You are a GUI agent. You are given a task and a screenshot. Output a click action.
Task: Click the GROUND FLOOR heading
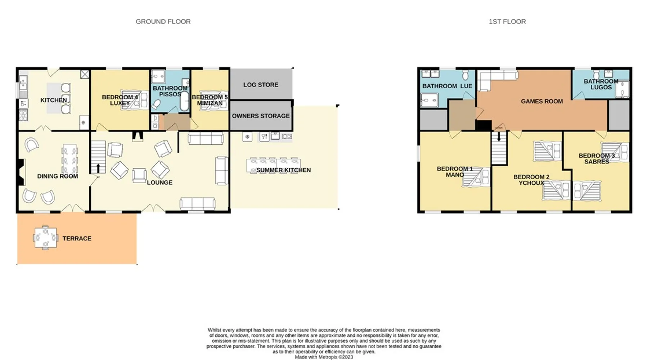tap(163, 22)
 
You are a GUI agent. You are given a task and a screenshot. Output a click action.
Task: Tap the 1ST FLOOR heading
tap(507, 22)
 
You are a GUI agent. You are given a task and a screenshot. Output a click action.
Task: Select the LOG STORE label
tap(261, 85)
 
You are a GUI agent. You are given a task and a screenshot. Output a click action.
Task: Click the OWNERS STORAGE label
tap(261, 116)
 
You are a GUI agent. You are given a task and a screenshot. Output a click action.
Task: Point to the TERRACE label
tap(77, 238)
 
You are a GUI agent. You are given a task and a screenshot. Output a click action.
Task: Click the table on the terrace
tap(45, 238)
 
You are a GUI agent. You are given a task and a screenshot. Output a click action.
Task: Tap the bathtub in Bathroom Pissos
tap(184, 101)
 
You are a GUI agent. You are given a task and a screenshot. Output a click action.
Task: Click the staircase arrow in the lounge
tap(98, 168)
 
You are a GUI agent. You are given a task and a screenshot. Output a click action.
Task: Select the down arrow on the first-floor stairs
tap(499, 137)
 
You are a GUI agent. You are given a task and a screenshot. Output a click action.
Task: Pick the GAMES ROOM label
tap(542, 102)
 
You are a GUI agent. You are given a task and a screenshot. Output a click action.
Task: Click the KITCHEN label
tap(54, 100)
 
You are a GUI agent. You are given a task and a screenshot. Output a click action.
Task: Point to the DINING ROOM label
tap(58, 176)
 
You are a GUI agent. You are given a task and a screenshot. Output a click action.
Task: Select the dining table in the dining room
tap(69, 159)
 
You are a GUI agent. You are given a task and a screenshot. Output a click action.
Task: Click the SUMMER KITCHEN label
tap(283, 170)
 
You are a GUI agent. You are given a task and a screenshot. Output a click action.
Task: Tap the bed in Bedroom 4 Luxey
tap(134, 99)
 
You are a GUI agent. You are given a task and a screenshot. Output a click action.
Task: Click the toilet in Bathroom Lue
tap(465, 75)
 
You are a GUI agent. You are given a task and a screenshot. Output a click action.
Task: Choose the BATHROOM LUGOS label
tap(601, 84)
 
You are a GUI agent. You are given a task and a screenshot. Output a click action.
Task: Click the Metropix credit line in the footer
tap(324, 357)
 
